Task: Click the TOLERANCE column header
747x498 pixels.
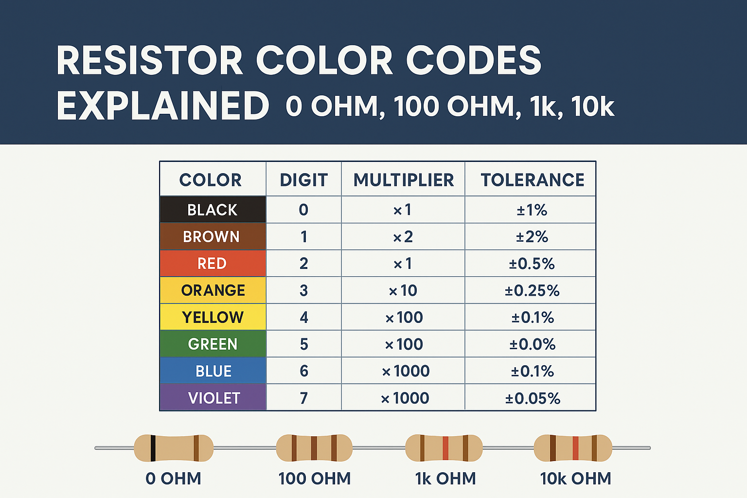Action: [532, 180]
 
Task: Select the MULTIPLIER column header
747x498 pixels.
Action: [403, 180]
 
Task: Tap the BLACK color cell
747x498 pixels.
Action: [213, 210]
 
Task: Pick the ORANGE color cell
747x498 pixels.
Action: [213, 290]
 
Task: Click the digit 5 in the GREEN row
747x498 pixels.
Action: [304, 344]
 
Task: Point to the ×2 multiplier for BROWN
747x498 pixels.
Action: [403, 237]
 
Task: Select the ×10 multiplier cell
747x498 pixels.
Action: [403, 290]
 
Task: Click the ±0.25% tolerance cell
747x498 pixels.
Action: [532, 290]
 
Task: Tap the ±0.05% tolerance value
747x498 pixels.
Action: [533, 398]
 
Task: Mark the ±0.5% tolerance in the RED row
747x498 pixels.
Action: [532, 264]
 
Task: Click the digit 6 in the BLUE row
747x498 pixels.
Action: [304, 371]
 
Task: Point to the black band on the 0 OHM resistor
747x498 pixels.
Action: [153, 448]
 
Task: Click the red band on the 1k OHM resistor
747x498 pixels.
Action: [445, 448]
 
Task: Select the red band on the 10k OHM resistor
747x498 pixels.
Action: [575, 448]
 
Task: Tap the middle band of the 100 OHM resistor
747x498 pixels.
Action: [314, 448]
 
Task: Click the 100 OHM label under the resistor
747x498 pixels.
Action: [314, 479]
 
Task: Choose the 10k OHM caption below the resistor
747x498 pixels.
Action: [575, 479]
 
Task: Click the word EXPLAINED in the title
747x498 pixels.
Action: [163, 106]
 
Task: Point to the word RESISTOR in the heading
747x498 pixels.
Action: [150, 61]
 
